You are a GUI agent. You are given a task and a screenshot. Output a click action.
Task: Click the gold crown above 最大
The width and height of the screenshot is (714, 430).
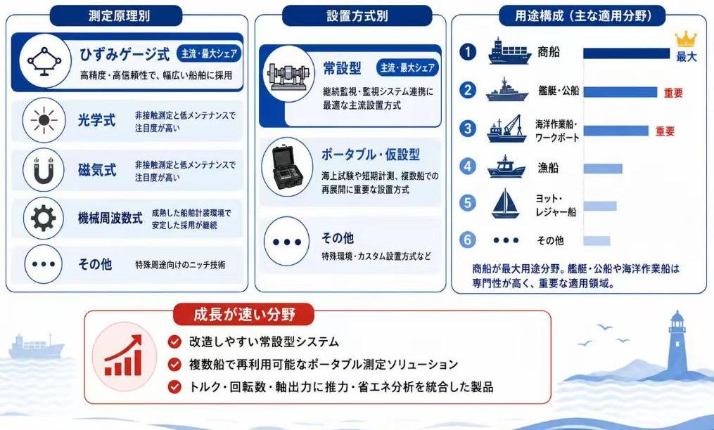click(x=686, y=39)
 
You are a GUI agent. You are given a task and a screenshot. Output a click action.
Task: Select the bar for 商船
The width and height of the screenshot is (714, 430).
click(x=627, y=53)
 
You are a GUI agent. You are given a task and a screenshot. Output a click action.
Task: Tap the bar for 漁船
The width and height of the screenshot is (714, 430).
click(x=603, y=169)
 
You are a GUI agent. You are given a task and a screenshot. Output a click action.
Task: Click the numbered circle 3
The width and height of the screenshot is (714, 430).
click(x=467, y=129)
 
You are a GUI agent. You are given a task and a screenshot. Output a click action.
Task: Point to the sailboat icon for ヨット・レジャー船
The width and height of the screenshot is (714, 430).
click(x=506, y=203)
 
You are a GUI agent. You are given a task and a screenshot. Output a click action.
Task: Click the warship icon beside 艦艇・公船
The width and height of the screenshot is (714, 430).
click(x=506, y=90)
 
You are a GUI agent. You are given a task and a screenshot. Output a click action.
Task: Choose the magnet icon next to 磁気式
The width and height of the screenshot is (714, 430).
click(x=44, y=170)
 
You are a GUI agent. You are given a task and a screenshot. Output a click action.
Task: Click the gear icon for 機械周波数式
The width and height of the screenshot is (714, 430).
click(x=44, y=219)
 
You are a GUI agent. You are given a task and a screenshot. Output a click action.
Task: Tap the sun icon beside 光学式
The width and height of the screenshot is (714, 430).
click(x=44, y=120)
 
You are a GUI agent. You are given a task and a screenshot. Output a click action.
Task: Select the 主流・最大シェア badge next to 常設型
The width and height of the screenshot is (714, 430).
click(x=407, y=67)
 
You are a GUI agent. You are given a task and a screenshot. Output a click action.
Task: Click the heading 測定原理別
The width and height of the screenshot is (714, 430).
click(x=119, y=16)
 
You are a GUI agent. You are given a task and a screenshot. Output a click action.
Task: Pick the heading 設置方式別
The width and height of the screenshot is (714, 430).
click(x=357, y=16)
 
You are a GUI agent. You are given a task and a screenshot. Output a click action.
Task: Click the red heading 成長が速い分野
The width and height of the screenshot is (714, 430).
click(x=245, y=315)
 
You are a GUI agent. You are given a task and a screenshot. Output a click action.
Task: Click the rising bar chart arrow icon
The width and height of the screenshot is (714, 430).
click(x=123, y=356)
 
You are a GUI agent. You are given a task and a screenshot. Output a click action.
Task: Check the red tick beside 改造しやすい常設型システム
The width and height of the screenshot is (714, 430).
click(x=174, y=341)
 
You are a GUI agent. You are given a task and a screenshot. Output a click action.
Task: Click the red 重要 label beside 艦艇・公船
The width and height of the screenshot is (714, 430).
click(x=673, y=93)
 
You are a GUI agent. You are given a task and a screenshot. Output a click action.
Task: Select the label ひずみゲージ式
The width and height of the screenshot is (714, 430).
click(x=125, y=55)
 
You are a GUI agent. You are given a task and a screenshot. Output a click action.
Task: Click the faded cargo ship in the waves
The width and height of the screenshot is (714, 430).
click(x=37, y=346)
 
